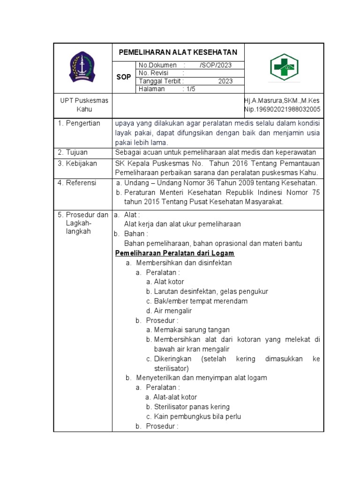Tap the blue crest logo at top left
click(x=82, y=67)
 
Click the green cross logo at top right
click(x=284, y=67)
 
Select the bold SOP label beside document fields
click(x=124, y=77)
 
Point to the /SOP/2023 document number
click(x=215, y=65)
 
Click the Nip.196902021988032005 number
click(x=282, y=110)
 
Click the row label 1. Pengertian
click(x=79, y=123)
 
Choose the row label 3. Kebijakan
click(x=77, y=164)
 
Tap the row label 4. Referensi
click(x=77, y=183)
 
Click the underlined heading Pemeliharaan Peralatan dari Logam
click(x=175, y=253)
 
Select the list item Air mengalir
click(x=173, y=311)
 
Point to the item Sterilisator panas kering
click(x=192, y=407)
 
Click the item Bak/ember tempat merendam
click(x=201, y=301)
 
